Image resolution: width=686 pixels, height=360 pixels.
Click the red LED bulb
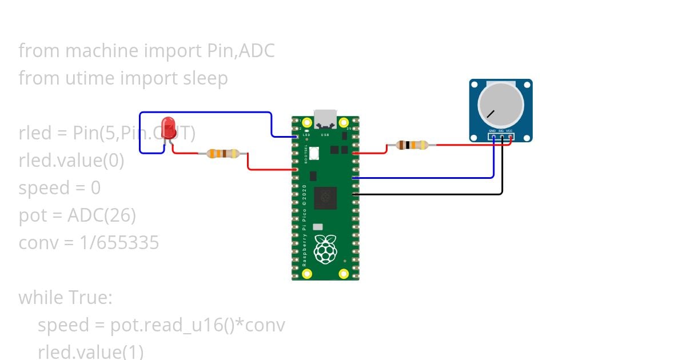coord(168,126)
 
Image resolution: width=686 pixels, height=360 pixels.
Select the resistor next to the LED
coord(223,153)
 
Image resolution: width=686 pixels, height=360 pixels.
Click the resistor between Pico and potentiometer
coord(412,145)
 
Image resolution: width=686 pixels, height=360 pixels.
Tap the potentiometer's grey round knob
coord(501,104)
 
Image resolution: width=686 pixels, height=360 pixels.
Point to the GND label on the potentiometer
coord(492,131)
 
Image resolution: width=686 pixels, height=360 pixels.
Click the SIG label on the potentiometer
coord(501,131)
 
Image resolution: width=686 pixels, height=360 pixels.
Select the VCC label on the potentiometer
coord(509,131)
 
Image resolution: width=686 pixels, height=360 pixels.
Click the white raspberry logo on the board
coord(325,249)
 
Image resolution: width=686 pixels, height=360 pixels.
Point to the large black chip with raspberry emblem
coord(325,198)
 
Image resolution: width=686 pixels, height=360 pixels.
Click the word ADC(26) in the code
coord(102,215)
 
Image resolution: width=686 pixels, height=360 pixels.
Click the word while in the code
coord(41,298)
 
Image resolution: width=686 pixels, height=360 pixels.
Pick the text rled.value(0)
coord(71,161)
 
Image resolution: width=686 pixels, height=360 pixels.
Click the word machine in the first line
coord(102,51)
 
